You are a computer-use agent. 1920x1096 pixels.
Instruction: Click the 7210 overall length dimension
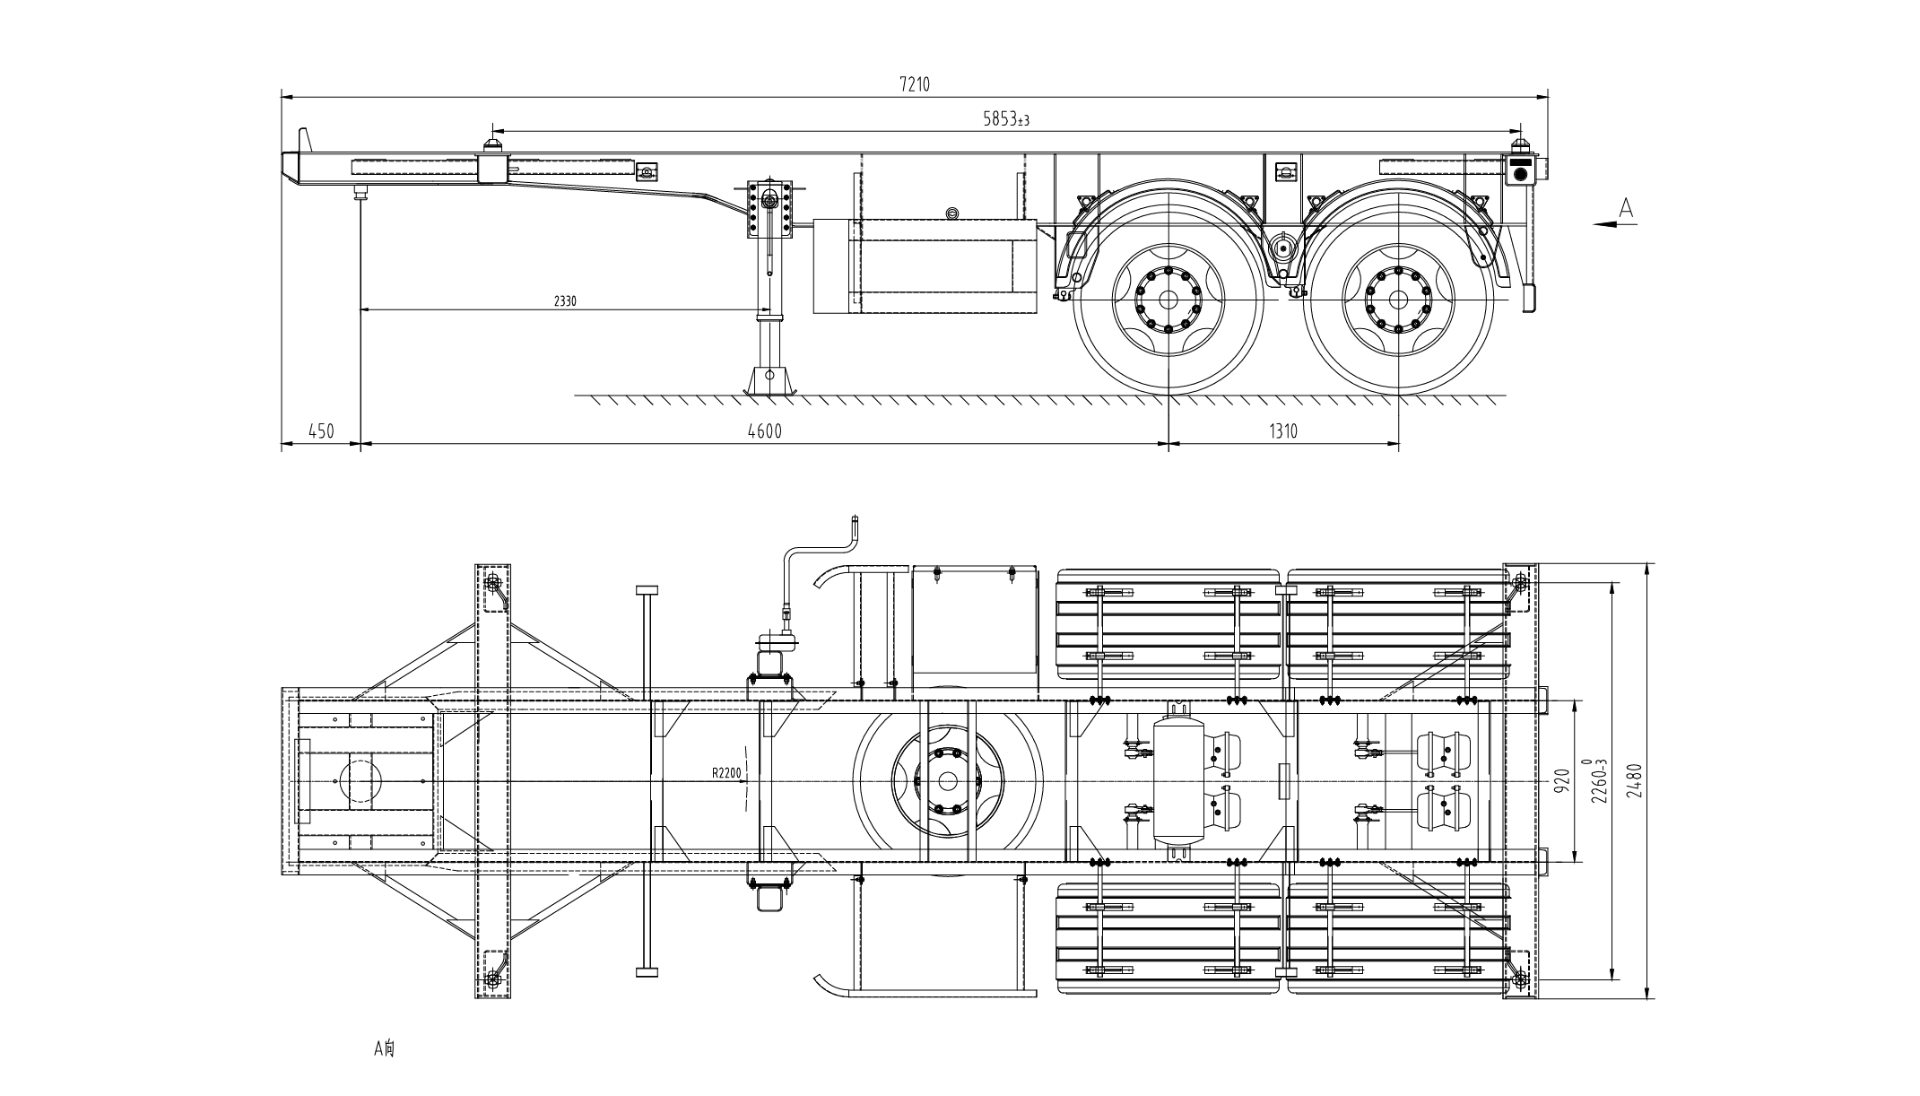915,84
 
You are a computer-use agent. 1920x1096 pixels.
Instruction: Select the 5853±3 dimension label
1006,118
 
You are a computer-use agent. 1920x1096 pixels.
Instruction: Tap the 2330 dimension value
565,301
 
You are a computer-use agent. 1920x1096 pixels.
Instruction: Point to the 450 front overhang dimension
321,431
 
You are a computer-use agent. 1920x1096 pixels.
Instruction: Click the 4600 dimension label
765,431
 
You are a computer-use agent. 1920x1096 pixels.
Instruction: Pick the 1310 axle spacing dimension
1283,431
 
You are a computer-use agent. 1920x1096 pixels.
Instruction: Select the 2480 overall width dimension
1633,780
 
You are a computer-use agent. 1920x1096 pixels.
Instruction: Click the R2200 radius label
726,771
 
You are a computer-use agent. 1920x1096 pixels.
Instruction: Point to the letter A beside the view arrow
1627,208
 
